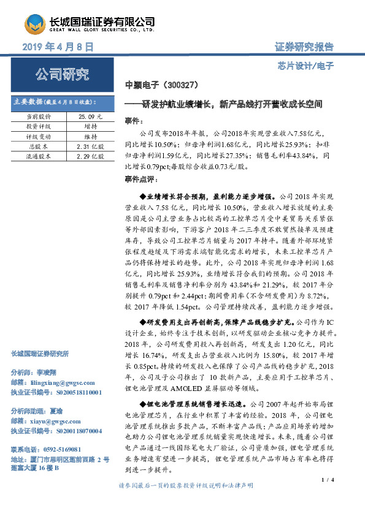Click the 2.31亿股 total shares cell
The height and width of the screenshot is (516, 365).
pyautogui.click(x=90, y=146)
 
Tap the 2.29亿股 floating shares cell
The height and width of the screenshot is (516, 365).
pyautogui.click(x=90, y=157)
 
